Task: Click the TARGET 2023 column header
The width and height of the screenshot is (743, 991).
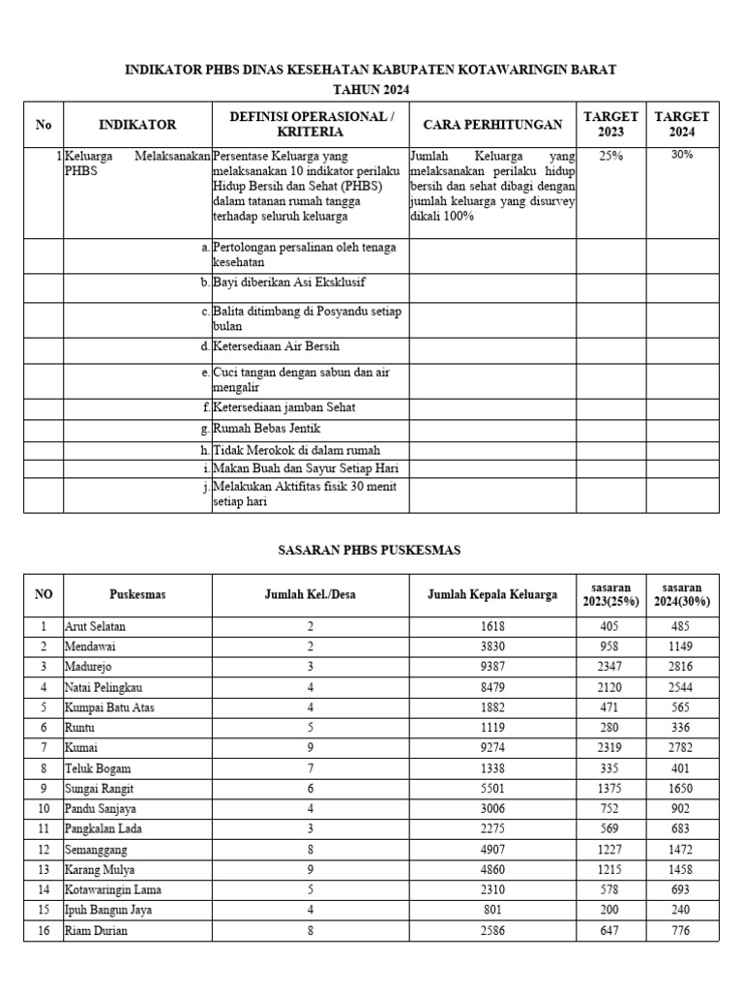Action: coord(610,124)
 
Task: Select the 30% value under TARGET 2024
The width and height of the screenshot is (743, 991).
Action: coord(681,155)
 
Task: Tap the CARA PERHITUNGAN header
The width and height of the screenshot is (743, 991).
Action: coord(492,125)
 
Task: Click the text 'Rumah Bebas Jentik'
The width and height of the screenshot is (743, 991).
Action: coord(266,429)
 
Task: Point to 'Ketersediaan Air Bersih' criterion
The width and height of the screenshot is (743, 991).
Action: coord(276,346)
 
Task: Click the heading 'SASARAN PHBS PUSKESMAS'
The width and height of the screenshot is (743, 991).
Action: coord(371,551)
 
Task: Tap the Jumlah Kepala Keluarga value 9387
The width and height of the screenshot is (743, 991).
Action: coord(492,667)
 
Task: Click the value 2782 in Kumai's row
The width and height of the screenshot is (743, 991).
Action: coord(682,748)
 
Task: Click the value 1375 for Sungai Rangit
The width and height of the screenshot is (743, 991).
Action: coord(610,789)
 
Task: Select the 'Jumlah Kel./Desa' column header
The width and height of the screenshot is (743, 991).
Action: coord(311,595)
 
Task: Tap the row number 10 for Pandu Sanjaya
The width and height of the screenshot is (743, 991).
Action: coord(44,809)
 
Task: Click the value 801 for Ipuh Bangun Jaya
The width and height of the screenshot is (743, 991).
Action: coord(492,911)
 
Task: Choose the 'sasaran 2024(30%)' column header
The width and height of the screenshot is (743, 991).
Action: coord(682,594)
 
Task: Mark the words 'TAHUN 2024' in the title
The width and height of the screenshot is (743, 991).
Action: coord(371,90)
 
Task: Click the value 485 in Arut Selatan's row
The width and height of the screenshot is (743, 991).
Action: coord(682,626)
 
